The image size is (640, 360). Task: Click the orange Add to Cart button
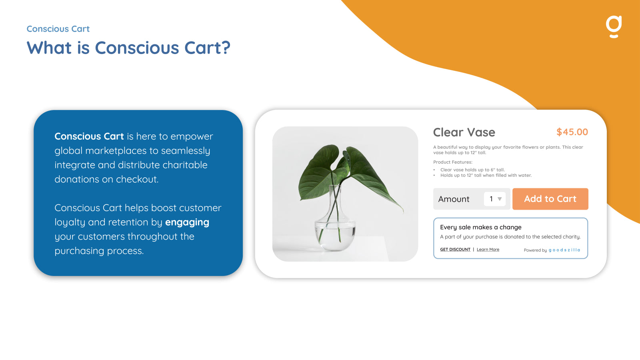pyautogui.click(x=550, y=199)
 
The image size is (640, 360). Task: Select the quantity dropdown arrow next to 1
pyautogui.click(x=500, y=199)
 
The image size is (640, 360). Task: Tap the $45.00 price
pyautogui.click(x=572, y=132)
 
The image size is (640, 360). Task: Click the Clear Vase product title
pyautogui.click(x=464, y=132)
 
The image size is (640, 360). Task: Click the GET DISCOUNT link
pyautogui.click(x=455, y=250)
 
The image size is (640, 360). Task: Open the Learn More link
pyautogui.click(x=488, y=250)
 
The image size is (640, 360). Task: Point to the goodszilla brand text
pyautogui.click(x=564, y=250)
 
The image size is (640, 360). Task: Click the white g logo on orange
pyautogui.click(x=614, y=26)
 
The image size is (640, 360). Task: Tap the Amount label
pyautogui.click(x=454, y=199)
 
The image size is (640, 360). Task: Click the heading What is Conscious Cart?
pyautogui.click(x=128, y=48)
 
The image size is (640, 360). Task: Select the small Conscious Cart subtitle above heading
pyautogui.click(x=58, y=29)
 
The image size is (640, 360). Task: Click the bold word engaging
pyautogui.click(x=187, y=222)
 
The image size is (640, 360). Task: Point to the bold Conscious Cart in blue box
pyautogui.click(x=89, y=136)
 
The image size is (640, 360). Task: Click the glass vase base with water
pyautogui.click(x=335, y=234)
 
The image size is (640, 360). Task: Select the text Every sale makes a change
pyautogui.click(x=481, y=227)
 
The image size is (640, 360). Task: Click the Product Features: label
pyautogui.click(x=453, y=162)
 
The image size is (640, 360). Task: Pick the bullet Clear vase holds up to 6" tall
pyautogui.click(x=472, y=170)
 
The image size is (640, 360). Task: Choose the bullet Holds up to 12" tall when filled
pyautogui.click(x=486, y=175)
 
